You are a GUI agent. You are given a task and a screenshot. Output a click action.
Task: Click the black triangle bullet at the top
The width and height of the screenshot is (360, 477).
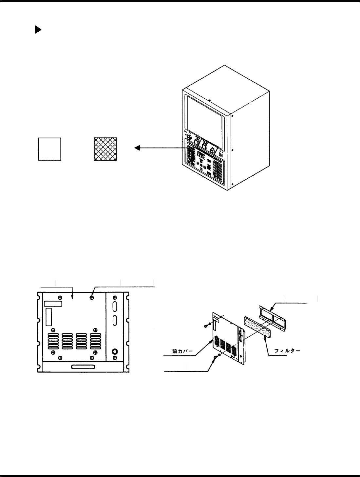coord(38,30)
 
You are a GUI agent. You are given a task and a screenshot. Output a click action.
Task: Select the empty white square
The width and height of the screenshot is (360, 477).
coord(49,149)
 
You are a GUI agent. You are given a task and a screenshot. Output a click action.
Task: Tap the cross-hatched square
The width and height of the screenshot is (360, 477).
coord(105,149)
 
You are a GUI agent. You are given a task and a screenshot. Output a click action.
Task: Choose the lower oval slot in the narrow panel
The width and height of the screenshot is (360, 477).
coord(115,320)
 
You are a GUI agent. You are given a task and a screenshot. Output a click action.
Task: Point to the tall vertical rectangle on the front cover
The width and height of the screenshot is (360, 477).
coord(49,317)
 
